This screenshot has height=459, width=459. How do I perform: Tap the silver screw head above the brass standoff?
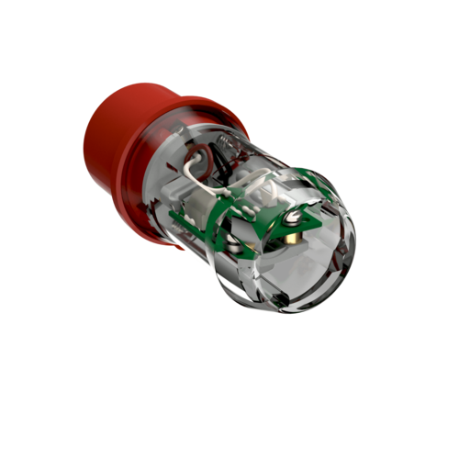coord(293,218)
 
